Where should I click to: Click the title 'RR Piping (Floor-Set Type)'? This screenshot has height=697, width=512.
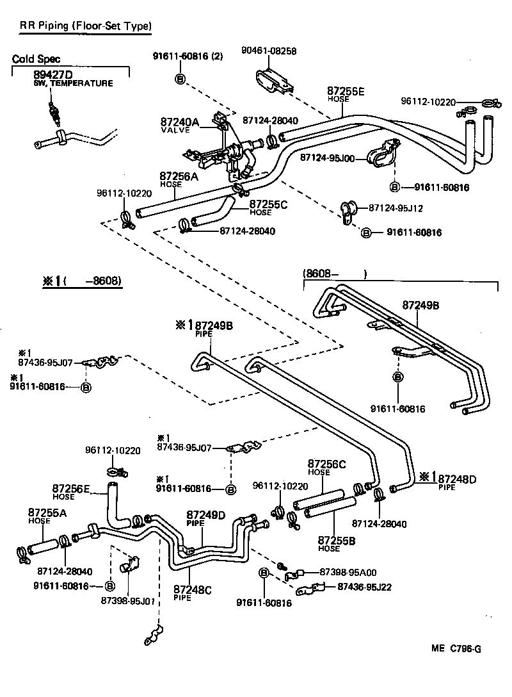pos(85,26)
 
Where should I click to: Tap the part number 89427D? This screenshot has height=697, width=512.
pos(54,75)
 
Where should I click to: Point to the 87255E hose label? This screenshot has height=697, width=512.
pos(346,92)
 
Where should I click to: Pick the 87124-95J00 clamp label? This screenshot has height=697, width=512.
pos(327,157)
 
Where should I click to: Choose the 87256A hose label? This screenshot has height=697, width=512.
pos(179,176)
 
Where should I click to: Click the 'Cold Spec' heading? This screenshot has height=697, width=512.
pos(36,59)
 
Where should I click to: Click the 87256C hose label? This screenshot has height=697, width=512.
pos(326,464)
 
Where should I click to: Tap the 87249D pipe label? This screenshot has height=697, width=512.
pos(206,515)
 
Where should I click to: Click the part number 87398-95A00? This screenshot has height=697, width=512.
pos(348,572)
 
